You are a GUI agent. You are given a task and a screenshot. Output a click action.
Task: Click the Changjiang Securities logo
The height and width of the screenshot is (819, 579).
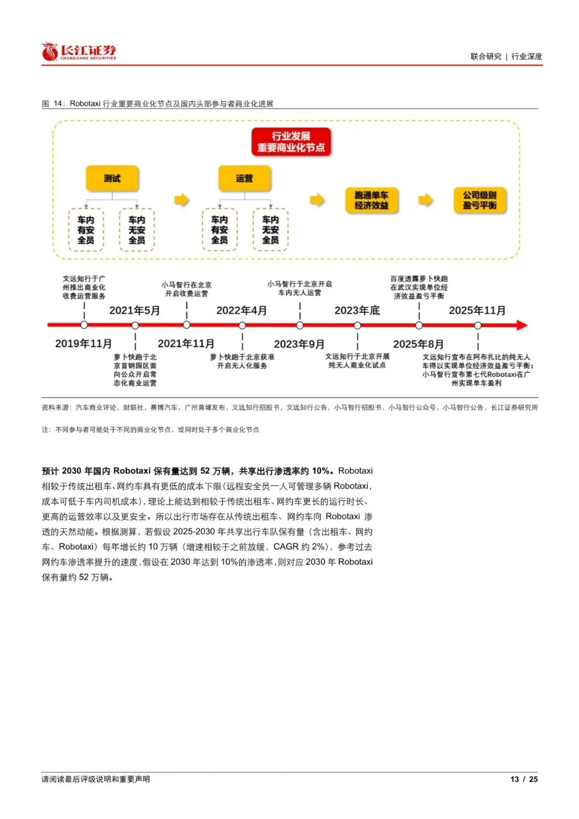[79, 51]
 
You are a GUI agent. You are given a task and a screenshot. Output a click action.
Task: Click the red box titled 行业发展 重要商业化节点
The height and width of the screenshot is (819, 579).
[291, 142]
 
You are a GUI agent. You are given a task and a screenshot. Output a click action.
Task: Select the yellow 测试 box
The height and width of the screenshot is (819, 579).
[112, 178]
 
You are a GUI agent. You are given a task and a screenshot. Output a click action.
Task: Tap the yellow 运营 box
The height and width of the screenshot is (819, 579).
[244, 178]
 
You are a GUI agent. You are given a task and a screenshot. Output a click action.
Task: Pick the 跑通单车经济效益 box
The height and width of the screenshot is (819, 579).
[372, 200]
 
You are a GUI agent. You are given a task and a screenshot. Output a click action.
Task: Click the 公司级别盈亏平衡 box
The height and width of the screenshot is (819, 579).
[480, 200]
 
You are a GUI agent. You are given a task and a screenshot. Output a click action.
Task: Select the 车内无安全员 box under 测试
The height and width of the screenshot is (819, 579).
[137, 230]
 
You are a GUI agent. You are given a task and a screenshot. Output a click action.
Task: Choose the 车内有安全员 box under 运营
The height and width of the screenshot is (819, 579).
[219, 230]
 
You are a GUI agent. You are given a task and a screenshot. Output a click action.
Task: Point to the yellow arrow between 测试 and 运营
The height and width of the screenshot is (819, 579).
[181, 200]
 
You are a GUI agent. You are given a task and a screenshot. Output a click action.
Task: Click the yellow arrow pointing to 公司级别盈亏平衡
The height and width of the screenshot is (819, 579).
[426, 200]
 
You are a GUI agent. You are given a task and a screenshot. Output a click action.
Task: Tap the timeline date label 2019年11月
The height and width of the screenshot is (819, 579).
[83, 344]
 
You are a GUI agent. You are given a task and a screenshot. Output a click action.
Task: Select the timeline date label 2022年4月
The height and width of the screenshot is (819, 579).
[242, 311]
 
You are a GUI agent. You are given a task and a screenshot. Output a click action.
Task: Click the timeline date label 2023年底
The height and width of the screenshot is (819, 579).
[357, 311]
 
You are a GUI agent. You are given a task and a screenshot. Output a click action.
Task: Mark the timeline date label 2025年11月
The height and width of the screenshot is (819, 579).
[477, 311]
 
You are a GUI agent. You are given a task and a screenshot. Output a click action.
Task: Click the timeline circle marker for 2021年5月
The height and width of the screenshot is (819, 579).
[135, 325]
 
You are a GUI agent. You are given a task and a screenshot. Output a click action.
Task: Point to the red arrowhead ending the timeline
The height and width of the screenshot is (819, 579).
[522, 325]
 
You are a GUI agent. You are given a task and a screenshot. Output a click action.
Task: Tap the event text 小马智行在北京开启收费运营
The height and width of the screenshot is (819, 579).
[187, 289]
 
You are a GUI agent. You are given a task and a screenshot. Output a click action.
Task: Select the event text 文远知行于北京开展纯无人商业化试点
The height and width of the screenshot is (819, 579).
[357, 360]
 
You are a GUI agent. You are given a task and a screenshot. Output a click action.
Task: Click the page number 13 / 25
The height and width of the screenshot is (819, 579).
[524, 779]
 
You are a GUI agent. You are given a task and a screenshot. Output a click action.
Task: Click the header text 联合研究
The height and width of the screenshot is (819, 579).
[486, 56]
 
